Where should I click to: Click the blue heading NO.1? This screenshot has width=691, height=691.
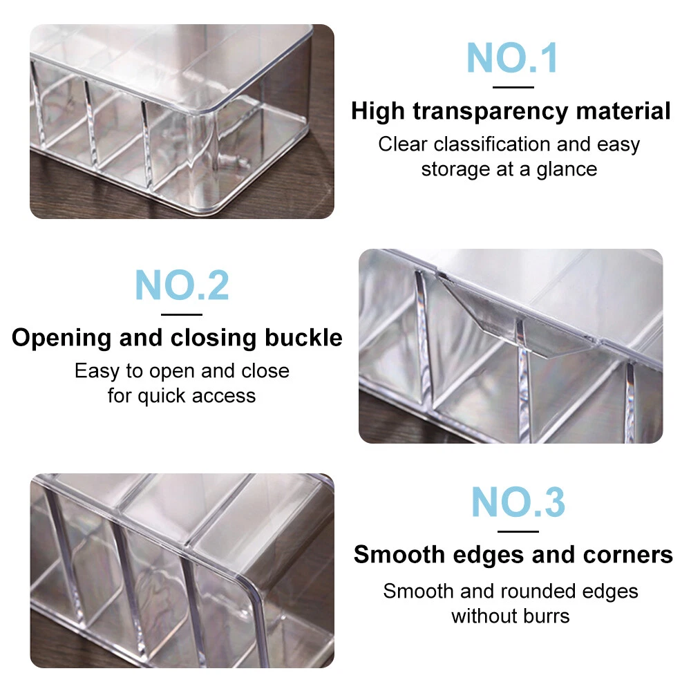(512, 58)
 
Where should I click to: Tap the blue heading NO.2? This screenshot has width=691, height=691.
(182, 285)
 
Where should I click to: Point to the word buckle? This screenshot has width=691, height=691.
(303, 338)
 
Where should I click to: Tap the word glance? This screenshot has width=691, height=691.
(567, 170)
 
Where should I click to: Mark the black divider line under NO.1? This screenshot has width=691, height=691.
(513, 87)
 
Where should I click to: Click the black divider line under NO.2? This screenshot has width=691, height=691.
(182, 314)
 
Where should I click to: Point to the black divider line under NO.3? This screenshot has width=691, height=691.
(518, 531)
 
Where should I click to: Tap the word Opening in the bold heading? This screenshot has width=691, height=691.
(61, 339)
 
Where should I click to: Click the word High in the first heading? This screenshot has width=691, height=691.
(378, 111)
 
